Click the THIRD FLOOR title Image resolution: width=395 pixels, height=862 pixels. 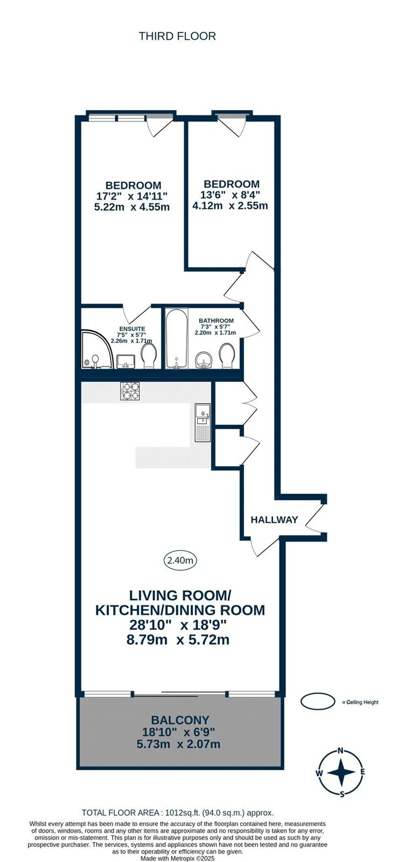(177, 36)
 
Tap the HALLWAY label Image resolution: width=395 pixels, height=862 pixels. (274, 519)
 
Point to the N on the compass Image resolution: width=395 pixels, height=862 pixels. (341, 750)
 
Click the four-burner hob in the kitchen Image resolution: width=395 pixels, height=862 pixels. (130, 391)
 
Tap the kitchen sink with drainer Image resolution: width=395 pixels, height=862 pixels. (202, 422)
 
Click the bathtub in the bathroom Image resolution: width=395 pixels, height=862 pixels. (175, 338)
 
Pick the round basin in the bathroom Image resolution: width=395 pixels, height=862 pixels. (204, 360)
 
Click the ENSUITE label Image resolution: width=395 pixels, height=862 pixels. (132, 329)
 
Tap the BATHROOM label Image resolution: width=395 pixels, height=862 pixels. (216, 321)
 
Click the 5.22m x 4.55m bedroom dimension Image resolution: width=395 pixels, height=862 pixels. (132, 207)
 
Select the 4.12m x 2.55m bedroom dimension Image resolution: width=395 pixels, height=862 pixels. (230, 206)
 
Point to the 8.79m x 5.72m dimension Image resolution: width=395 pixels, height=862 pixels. (178, 639)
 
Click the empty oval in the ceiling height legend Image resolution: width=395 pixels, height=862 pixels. (317, 702)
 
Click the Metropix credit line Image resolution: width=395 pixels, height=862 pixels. (178, 858)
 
